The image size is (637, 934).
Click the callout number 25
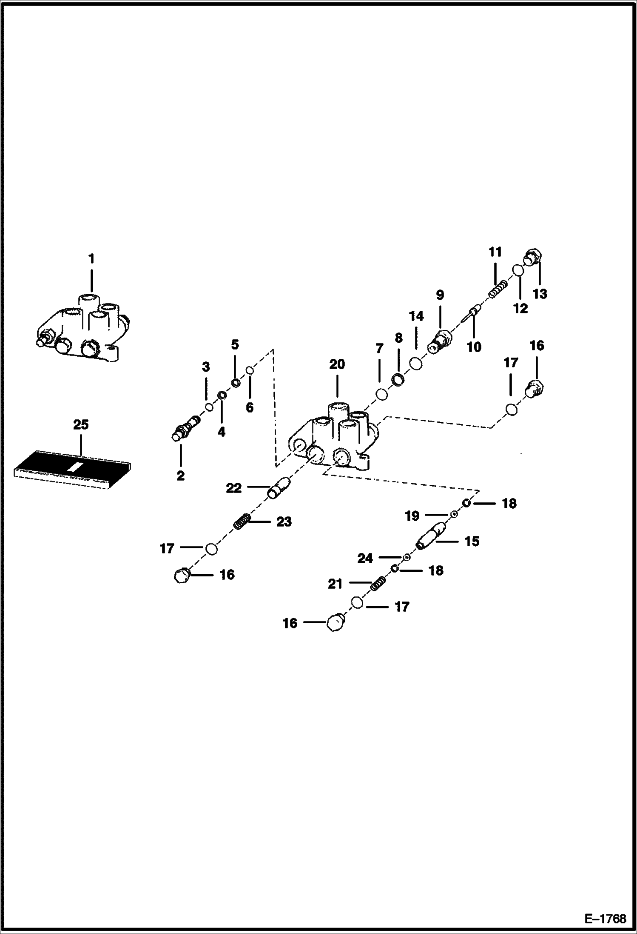[x=81, y=424]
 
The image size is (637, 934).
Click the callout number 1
[x=91, y=258]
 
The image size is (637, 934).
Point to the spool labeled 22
[x=279, y=488]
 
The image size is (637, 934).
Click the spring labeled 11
[x=498, y=290]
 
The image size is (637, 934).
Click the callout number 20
[x=337, y=364]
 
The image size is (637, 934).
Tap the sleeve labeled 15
[x=430, y=537]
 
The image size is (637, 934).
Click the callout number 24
[x=365, y=558]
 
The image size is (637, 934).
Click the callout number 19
[x=412, y=516]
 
